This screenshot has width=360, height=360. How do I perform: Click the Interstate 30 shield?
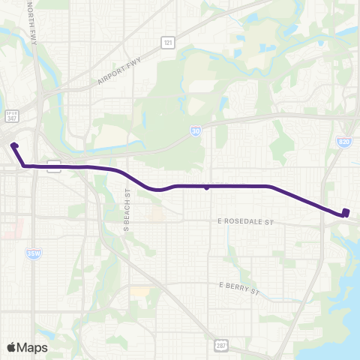(194, 130)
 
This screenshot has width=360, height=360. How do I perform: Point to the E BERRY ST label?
(238, 286)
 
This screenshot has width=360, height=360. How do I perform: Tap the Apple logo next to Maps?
(12, 347)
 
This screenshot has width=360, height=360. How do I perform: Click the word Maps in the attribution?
(32, 347)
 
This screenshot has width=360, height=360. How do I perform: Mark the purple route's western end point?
(14, 144)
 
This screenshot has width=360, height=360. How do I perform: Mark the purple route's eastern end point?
(345, 211)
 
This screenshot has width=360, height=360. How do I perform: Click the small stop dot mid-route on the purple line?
(206, 187)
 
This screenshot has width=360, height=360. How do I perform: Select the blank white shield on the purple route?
(54, 166)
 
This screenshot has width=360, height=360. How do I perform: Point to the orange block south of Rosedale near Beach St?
(156, 215)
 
